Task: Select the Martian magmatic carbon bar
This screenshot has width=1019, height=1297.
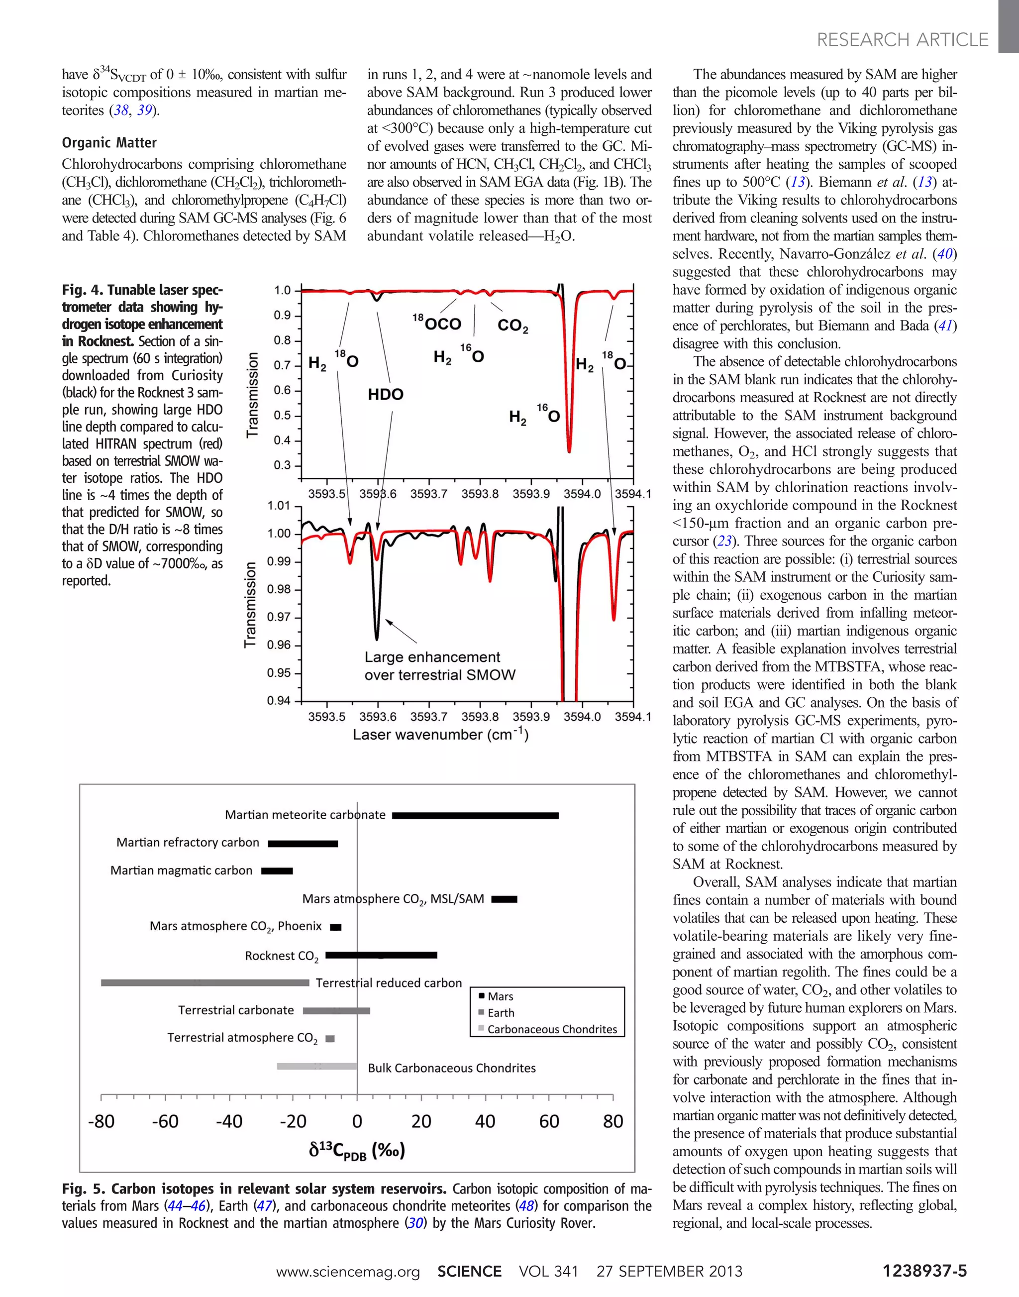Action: coord(277,871)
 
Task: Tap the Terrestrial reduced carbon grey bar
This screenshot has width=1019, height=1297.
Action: coord(204,982)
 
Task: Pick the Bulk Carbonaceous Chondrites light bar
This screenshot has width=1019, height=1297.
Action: coord(317,1066)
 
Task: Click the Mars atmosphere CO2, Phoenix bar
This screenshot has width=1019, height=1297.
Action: coord(336,927)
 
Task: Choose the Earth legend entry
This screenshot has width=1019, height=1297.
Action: coord(500,1013)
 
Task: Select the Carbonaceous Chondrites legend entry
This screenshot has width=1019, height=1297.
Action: coord(551,1029)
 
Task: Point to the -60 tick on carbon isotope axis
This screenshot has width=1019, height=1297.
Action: coord(165,1121)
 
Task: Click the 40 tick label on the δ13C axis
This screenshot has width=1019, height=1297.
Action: coord(485,1121)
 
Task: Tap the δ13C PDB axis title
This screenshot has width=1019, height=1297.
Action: coord(357,1150)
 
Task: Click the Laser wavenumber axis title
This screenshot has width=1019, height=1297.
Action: coord(440,735)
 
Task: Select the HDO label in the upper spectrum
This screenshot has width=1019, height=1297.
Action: coord(386,395)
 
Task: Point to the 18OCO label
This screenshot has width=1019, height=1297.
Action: coord(437,323)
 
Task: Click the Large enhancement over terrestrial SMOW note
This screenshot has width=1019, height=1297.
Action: coord(440,666)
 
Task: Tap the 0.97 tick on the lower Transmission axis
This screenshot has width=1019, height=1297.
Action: coord(279,617)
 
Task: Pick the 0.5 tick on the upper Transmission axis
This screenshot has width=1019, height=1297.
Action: coord(282,416)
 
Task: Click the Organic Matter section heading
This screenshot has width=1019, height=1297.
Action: coord(109,143)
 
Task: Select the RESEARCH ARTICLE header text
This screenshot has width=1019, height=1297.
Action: coord(902,40)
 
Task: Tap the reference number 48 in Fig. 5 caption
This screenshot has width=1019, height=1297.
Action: coord(525,1206)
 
